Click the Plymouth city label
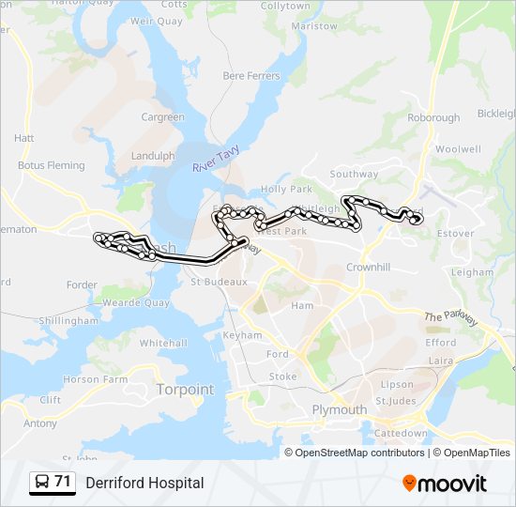pyautogui.click(x=340, y=409)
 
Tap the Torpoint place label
pyautogui.click(x=185, y=389)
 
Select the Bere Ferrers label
pyautogui.click(x=251, y=75)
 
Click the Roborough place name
pyautogui.click(x=433, y=117)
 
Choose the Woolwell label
pyautogui.click(x=458, y=148)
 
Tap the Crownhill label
pyautogui.click(x=368, y=267)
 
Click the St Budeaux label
pyautogui.click(x=219, y=281)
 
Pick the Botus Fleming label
pyautogui.click(x=51, y=165)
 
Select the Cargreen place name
pyautogui.click(x=162, y=117)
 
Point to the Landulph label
pyautogui.click(x=153, y=156)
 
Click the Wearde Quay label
pyautogui.click(x=136, y=303)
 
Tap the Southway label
pyautogui.click(x=354, y=174)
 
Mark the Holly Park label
pyautogui.click(x=286, y=189)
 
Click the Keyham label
pyautogui.click(x=242, y=335)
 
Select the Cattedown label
pyautogui.click(x=401, y=434)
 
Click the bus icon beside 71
pyautogui.click(x=42, y=483)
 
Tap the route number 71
pyautogui.click(x=63, y=482)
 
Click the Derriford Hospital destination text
pyautogui.click(x=144, y=483)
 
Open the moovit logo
pyautogui.click(x=445, y=484)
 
